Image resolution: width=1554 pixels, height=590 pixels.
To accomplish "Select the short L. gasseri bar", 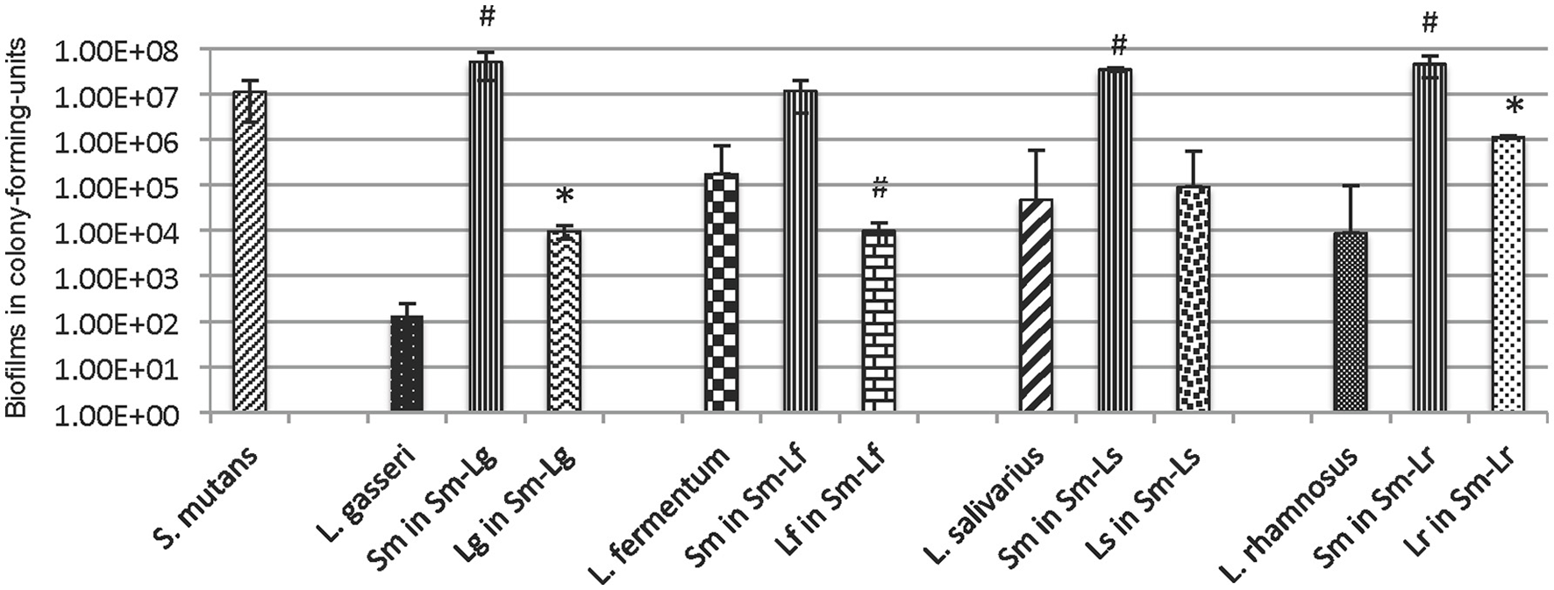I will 406,364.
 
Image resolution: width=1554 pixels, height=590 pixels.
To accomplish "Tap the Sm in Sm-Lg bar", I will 485,236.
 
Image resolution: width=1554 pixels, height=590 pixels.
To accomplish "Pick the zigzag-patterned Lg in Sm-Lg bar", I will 564,321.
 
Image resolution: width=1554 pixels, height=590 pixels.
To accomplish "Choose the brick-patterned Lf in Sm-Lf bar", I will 879,321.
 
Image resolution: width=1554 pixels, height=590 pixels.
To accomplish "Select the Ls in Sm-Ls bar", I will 1193,299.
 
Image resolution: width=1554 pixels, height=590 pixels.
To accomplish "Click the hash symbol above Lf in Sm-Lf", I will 881,187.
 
